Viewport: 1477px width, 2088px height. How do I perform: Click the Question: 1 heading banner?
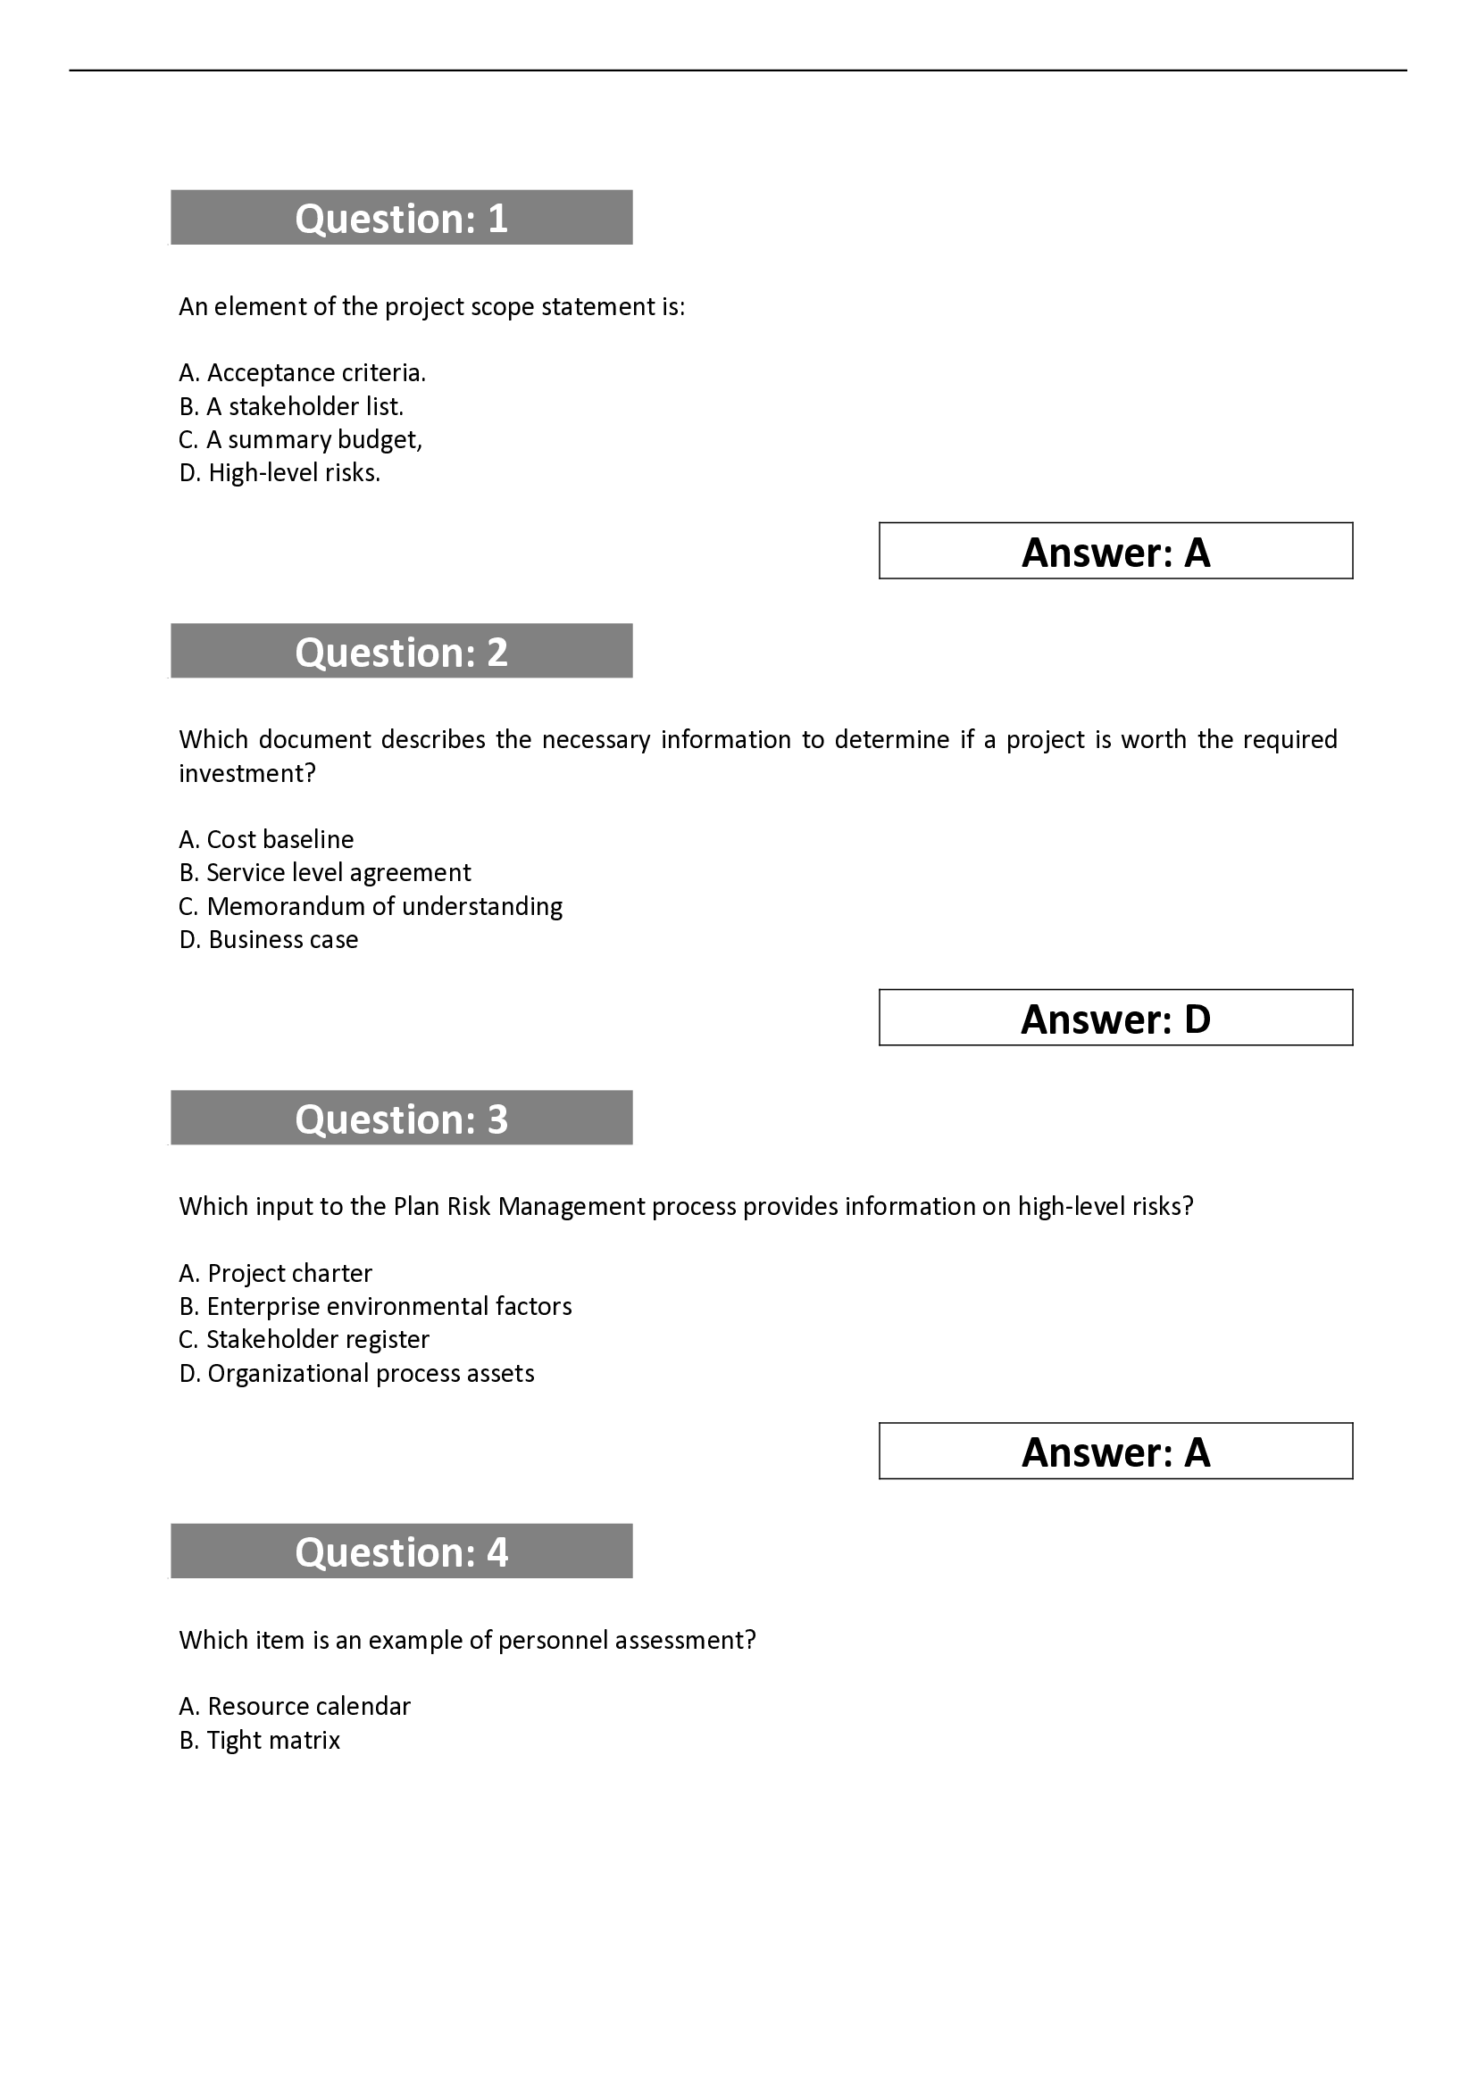(401, 217)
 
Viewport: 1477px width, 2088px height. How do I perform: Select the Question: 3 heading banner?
(401, 1118)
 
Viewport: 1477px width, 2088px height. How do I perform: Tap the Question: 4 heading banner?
(401, 1551)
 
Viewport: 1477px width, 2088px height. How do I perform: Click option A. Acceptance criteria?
(302, 373)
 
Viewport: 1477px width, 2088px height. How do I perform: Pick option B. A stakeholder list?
(291, 406)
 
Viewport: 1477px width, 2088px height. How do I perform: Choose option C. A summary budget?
(300, 440)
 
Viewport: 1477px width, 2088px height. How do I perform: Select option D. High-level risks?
(280, 473)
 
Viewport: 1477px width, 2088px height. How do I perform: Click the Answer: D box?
(1115, 1018)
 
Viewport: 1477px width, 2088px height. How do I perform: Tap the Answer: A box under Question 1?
(1115, 551)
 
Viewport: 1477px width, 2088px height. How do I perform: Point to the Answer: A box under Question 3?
(1115, 1452)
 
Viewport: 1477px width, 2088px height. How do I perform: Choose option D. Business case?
(268, 939)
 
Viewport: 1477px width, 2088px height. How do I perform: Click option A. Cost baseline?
(265, 839)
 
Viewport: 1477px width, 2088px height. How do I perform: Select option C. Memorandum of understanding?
(371, 907)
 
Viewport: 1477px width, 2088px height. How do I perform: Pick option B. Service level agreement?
(325, 873)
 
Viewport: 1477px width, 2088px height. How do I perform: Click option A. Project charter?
(276, 1273)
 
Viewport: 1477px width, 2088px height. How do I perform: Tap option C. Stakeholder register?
(304, 1340)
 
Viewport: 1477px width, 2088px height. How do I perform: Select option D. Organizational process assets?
(356, 1373)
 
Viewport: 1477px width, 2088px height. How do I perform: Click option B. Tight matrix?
(259, 1740)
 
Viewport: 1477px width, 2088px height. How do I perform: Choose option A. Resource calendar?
(295, 1706)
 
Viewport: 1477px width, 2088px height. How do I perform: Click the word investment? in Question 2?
(246, 774)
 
